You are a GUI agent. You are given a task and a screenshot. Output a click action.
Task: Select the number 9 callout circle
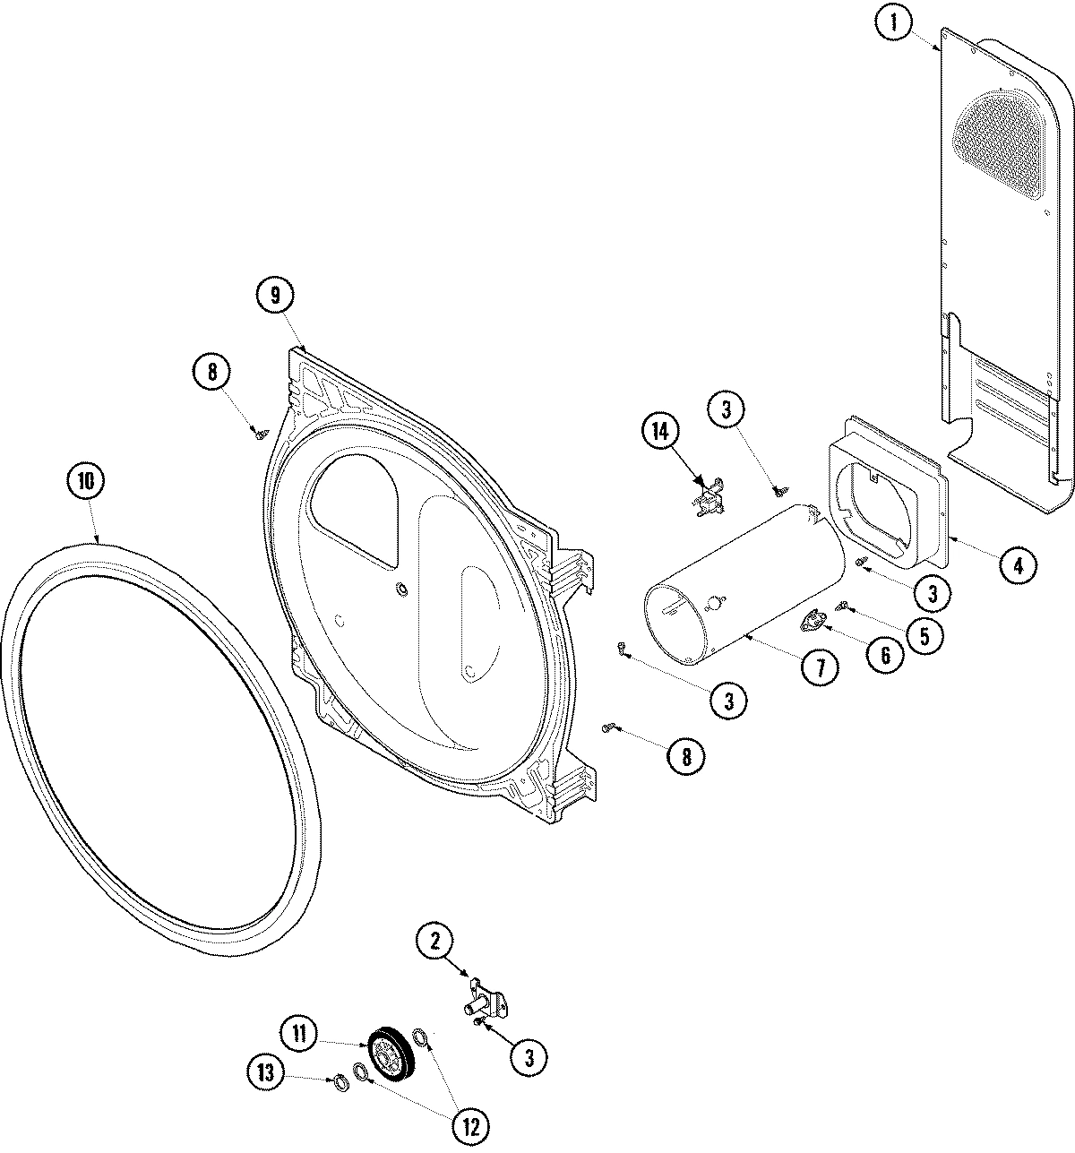coord(276,295)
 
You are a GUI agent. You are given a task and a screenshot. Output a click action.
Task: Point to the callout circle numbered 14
coord(660,432)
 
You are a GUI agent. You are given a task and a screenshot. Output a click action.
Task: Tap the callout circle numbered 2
coord(435,941)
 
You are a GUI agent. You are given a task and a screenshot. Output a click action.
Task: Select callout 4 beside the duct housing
coord(1019,564)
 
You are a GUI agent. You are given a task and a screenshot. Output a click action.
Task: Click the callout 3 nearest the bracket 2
coord(529,1058)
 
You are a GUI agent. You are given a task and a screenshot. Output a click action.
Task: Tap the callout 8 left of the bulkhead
coord(212,371)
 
